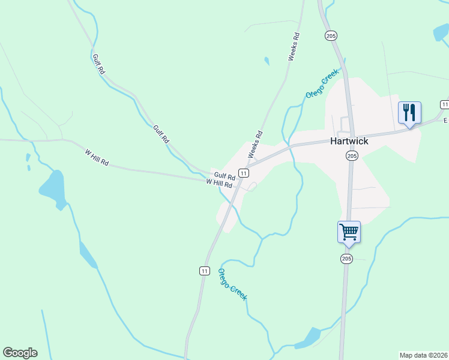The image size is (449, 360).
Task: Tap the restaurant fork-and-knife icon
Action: [409, 112]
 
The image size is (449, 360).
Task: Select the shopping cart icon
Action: [349, 232]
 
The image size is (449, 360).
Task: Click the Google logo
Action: [20, 353]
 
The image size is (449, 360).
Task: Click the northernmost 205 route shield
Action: [331, 36]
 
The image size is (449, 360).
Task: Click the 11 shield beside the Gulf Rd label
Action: [243, 173]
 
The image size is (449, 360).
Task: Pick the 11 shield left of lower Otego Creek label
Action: [205, 271]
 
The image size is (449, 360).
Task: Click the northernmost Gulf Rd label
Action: [98, 64]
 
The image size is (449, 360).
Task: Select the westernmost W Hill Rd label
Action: [96, 158]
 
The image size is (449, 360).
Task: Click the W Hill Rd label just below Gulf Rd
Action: [218, 183]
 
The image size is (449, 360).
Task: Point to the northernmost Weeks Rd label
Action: [294, 47]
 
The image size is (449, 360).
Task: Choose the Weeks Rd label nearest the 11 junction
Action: [256, 145]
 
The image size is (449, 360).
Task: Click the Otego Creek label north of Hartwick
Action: [322, 84]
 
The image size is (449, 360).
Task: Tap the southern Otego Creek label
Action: [232, 284]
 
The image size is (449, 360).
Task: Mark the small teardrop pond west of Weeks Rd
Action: [267, 61]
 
